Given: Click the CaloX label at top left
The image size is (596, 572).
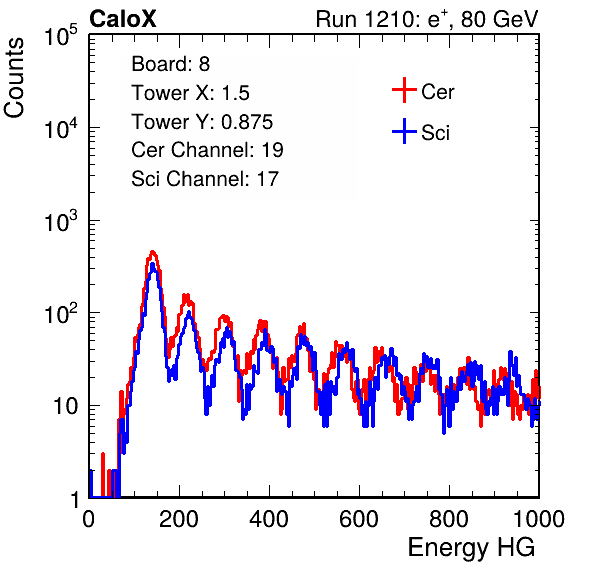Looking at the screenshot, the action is (122, 19).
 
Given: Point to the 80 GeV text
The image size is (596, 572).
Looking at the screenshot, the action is (500, 19).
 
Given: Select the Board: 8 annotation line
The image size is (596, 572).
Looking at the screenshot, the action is (170, 64).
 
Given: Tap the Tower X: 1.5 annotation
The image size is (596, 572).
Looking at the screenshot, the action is (190, 93).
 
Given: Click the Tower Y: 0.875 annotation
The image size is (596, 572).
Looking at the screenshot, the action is (202, 122).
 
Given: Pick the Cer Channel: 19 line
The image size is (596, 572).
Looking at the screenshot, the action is (207, 150).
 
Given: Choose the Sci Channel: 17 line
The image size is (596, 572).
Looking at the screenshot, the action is (205, 179).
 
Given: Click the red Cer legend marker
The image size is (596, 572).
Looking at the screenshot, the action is (404, 90).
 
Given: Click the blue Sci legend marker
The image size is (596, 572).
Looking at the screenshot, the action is (404, 131).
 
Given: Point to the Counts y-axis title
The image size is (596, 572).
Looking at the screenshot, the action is (14, 78).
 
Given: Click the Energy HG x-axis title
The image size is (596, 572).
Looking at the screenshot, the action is (471, 548).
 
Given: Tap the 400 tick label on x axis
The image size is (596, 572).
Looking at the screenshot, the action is (269, 519).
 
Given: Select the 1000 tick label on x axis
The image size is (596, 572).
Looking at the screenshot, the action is (539, 519).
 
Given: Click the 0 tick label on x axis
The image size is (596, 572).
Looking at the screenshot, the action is (89, 519).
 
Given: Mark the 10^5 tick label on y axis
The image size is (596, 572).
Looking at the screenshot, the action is (61, 36).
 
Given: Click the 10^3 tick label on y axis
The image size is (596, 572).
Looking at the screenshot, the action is (61, 222).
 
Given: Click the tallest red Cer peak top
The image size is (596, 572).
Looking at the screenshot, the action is (152, 252).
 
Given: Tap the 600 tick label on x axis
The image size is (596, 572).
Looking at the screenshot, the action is (359, 519).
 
